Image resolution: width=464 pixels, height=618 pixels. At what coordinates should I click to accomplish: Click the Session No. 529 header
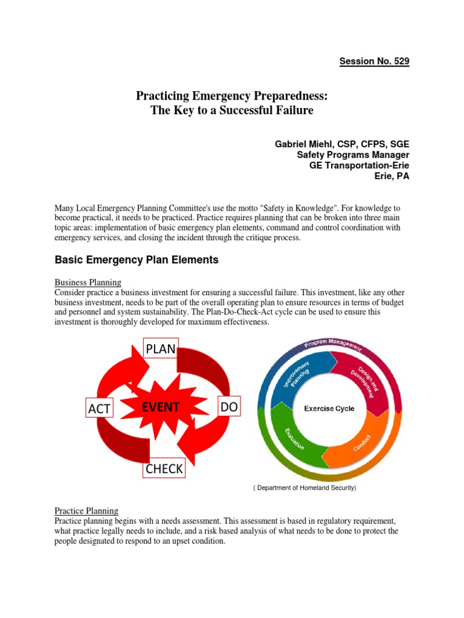tap(374, 62)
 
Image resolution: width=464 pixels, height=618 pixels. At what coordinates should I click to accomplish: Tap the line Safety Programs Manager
tap(353, 154)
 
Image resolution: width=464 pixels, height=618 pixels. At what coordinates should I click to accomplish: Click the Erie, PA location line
tap(392, 176)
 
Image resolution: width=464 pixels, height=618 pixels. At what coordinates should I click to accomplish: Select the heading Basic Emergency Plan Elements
tap(137, 260)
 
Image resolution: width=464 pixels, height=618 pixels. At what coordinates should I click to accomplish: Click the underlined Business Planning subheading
tap(88, 282)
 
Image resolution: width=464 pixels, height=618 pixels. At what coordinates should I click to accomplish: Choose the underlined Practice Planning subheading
tap(86, 511)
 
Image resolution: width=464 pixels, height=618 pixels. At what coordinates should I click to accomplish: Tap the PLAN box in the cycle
tap(160, 349)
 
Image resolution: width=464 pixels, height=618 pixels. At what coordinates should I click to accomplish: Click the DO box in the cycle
tap(228, 408)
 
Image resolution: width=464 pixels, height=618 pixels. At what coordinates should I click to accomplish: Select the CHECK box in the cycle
tap(163, 468)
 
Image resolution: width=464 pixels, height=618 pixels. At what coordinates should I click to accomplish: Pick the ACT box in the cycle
tap(99, 409)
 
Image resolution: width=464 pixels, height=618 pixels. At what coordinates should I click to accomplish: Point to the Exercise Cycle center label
tap(329, 409)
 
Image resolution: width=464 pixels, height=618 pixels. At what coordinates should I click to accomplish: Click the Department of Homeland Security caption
tap(304, 488)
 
